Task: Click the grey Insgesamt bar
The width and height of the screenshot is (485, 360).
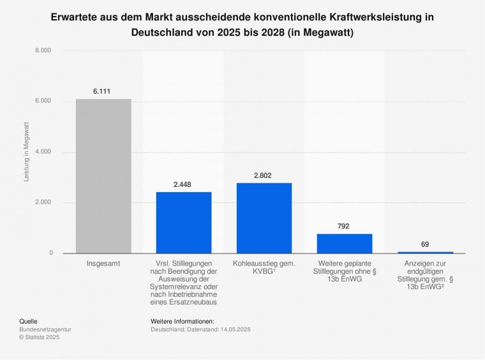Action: [103, 176]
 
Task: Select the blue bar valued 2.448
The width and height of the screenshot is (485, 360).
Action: [184, 223]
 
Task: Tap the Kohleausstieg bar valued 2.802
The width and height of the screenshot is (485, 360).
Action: [264, 218]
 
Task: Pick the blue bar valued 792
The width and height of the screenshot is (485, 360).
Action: [345, 243]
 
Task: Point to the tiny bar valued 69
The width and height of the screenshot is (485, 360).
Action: [425, 252]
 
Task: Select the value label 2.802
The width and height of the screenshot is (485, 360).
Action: [264, 175]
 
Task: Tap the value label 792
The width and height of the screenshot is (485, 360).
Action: [344, 226]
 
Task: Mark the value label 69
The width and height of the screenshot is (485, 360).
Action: [425, 244]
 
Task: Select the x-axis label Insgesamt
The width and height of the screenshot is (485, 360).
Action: [103, 263]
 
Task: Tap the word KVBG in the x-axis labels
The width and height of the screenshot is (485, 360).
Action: [260, 271]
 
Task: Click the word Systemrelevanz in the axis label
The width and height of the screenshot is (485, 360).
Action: [184, 288]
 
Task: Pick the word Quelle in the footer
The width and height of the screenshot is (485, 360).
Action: [29, 321]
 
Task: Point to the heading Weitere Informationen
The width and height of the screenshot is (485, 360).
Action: [183, 321]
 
